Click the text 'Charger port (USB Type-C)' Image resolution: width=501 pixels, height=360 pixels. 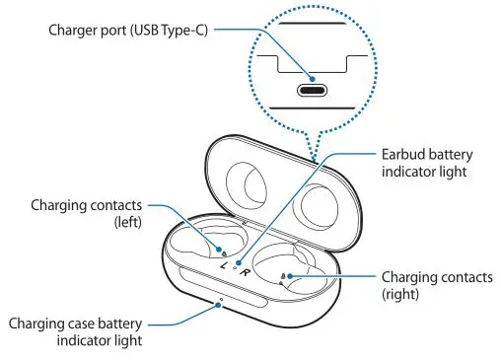click(x=127, y=29)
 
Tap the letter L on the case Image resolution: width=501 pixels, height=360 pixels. click(x=225, y=267)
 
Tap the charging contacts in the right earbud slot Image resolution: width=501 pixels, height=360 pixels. click(x=284, y=278)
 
